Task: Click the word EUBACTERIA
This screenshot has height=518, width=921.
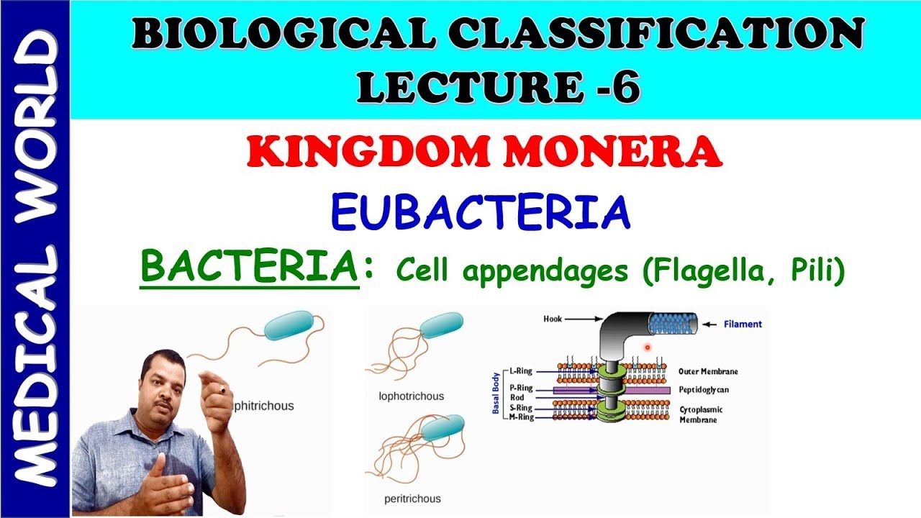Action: tap(481, 212)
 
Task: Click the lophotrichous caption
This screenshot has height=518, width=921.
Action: tap(411, 396)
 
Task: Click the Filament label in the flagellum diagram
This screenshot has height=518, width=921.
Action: tap(743, 324)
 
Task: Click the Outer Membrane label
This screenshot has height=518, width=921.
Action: tap(708, 371)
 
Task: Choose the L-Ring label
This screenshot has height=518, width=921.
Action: tap(520, 371)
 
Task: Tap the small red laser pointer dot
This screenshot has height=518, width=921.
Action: tap(648, 347)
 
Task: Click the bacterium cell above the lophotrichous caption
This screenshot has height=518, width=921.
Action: tap(442, 326)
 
